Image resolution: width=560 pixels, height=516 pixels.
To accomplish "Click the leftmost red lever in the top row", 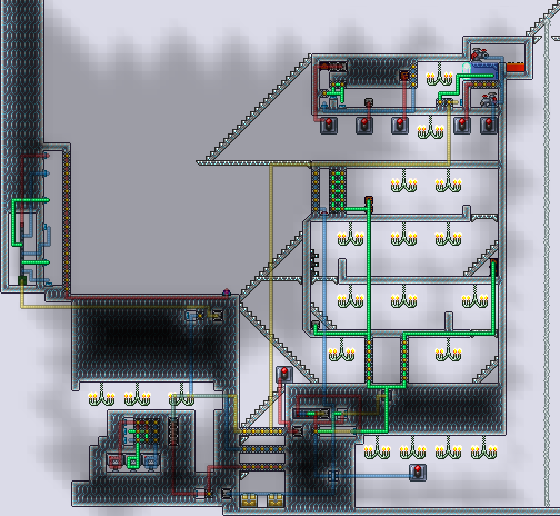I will [x=328, y=125].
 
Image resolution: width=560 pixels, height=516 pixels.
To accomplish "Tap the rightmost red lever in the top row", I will [x=489, y=125].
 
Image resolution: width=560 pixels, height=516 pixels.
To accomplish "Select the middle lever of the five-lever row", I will [x=399, y=125].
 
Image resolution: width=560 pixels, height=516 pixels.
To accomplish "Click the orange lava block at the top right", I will [x=515, y=67].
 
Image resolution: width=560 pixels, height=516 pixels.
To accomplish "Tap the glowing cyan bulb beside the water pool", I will [x=467, y=67].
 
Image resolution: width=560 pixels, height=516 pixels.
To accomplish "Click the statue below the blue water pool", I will [x=489, y=100].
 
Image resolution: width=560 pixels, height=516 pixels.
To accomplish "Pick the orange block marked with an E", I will [x=404, y=75].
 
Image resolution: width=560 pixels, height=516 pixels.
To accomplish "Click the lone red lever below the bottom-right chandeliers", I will [x=417, y=472].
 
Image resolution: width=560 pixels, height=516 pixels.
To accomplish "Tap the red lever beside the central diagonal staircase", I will [x=284, y=373].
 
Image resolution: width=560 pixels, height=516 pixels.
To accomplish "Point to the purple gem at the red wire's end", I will [x=226, y=291].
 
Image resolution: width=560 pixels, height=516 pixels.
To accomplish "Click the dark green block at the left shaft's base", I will [x=22, y=280].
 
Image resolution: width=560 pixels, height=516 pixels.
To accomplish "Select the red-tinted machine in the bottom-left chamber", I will [x=116, y=460].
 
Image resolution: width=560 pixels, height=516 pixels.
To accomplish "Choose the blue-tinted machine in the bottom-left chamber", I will [x=150, y=460].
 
